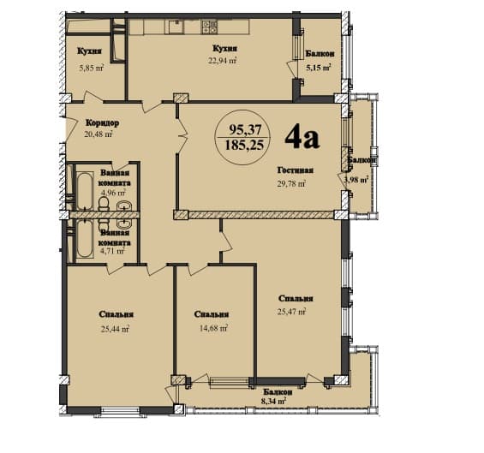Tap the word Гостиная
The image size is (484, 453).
pyautogui.click(x=296, y=170)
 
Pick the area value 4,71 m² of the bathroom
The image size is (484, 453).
pyautogui.click(x=113, y=251)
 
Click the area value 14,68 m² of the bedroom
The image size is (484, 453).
pyautogui.click(x=212, y=327)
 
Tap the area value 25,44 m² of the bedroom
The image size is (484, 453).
pyautogui.click(x=114, y=328)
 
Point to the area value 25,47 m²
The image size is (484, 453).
pyautogui.click(x=291, y=313)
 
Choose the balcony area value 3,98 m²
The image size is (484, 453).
pyautogui.click(x=356, y=180)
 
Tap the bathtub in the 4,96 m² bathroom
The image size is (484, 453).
pyautogui.click(x=83, y=191)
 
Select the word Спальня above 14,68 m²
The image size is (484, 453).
pyautogui.click(x=211, y=313)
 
